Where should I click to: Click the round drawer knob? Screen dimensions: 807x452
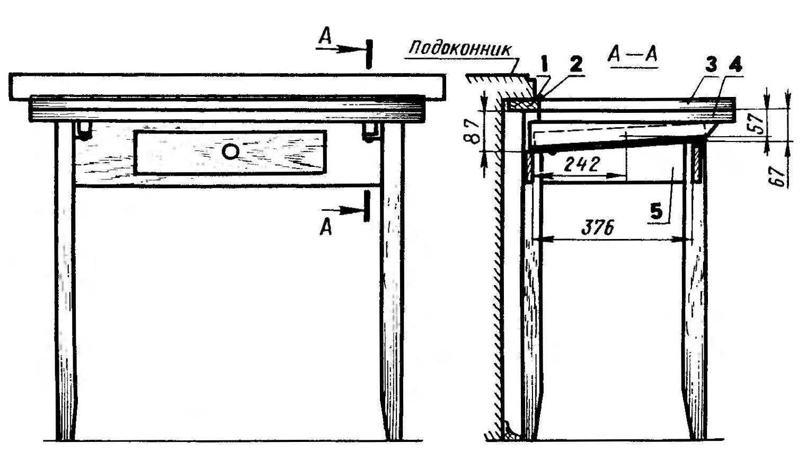tap(230, 152)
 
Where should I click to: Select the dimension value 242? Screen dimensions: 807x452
tap(581, 165)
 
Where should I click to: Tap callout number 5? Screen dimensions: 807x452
tap(656, 212)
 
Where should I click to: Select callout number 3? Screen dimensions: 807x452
tap(712, 66)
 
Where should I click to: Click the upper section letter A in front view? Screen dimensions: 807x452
tap(325, 37)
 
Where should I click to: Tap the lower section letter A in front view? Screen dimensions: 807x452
tap(326, 227)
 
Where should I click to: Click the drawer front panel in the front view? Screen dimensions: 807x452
tap(230, 153)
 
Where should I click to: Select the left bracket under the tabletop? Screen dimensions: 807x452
tap(84, 131)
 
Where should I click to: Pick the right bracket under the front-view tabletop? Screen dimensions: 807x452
tap(371, 132)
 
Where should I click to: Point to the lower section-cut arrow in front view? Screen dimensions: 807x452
tap(344, 210)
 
